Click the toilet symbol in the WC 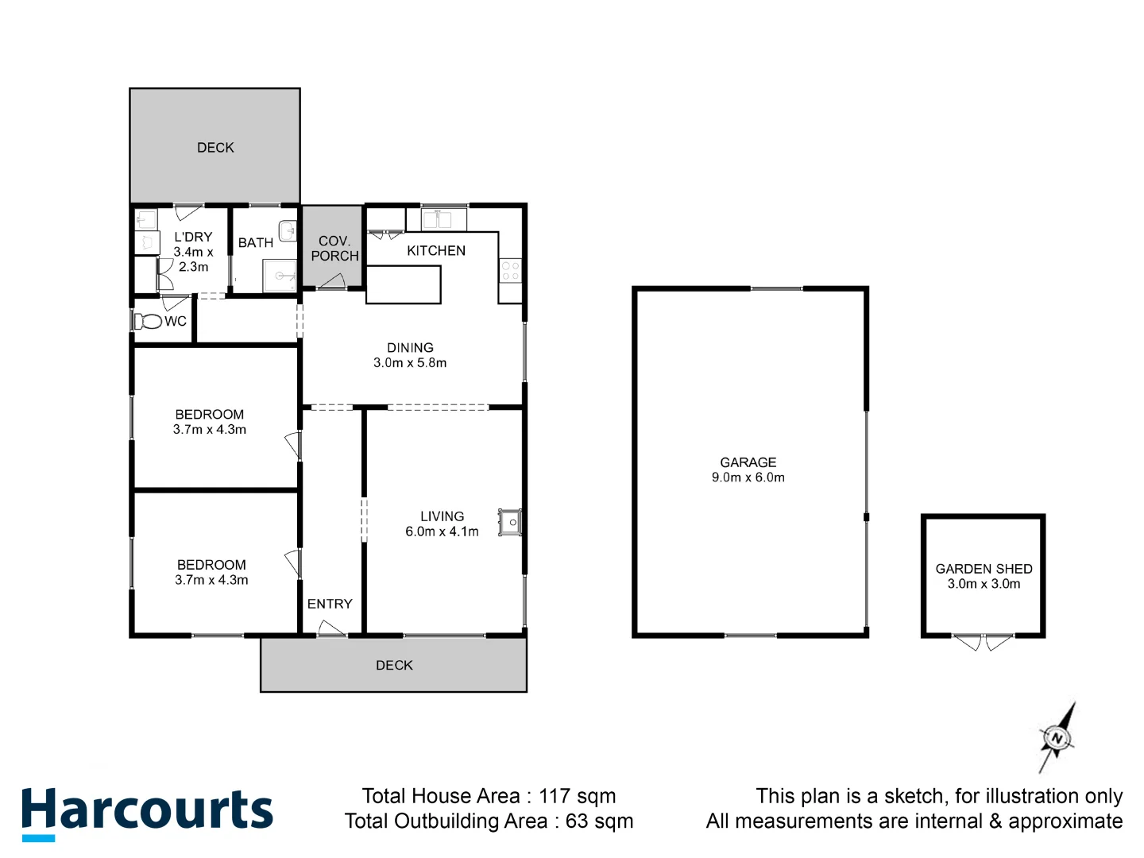click(x=148, y=321)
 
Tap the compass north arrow click(x=1057, y=738)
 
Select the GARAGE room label click(x=748, y=462)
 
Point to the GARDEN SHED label click(x=984, y=569)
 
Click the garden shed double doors click(x=983, y=642)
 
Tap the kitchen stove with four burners click(x=510, y=270)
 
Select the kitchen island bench click(x=403, y=284)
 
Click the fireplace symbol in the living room click(x=510, y=523)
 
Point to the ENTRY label click(x=330, y=604)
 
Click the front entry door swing click(x=331, y=629)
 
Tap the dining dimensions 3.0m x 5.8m click(x=410, y=363)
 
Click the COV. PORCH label click(x=334, y=248)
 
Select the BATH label click(x=256, y=242)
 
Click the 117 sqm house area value click(x=577, y=796)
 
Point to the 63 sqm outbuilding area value click(x=599, y=821)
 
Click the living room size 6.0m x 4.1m click(x=442, y=531)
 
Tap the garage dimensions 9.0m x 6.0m click(x=748, y=477)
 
